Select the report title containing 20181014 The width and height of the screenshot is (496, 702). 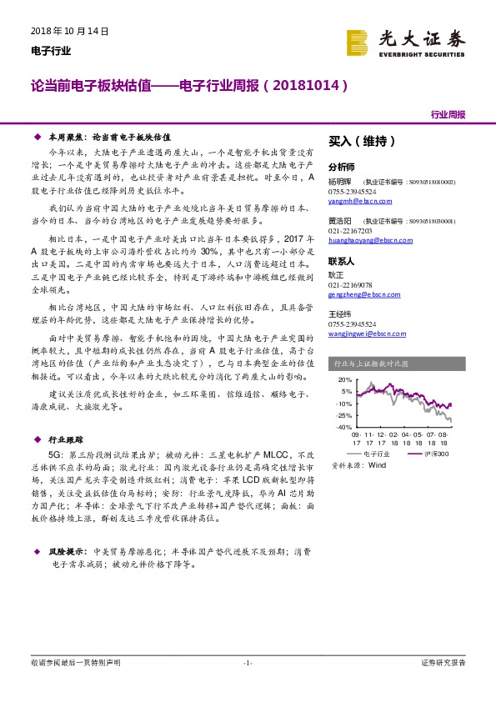tap(188, 85)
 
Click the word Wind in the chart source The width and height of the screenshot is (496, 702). tap(378, 465)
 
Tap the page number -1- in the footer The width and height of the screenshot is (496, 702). tap(247, 662)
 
